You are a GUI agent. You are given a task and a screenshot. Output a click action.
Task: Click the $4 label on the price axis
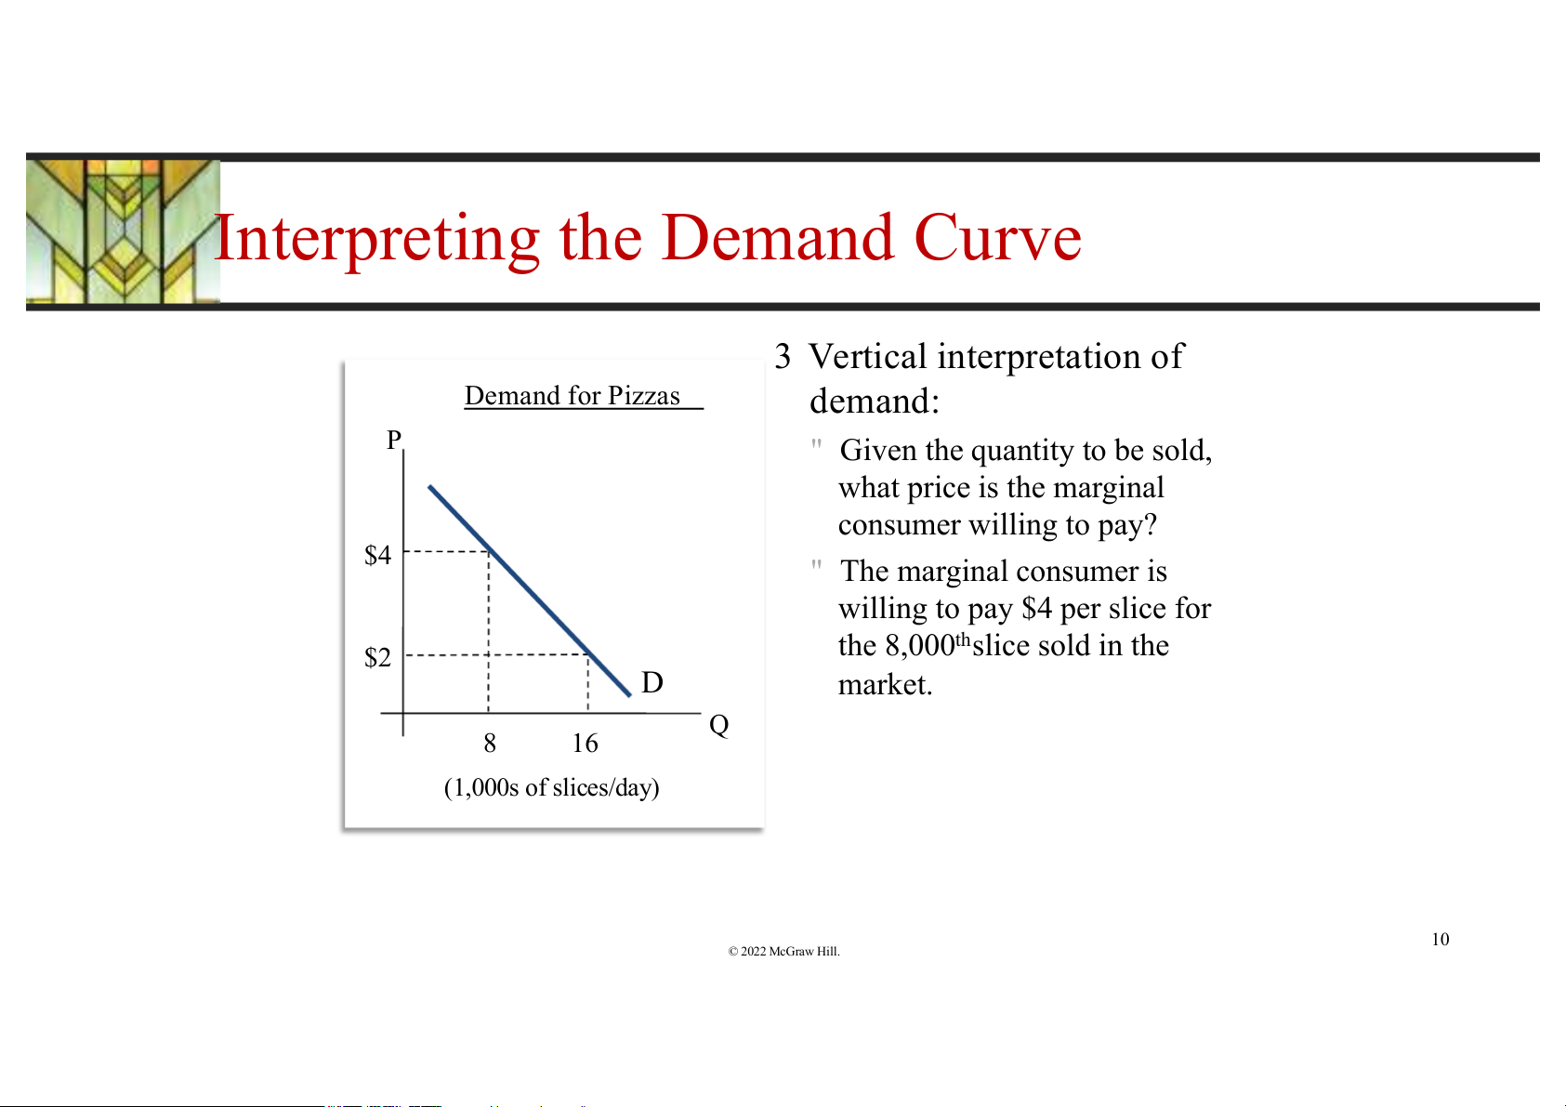point(377,555)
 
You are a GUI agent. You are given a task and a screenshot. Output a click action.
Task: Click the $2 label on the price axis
point(377,657)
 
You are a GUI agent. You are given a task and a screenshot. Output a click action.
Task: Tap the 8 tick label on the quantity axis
point(490,743)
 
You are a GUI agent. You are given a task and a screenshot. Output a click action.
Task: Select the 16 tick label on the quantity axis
point(586,743)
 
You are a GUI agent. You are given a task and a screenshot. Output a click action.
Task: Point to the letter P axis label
point(394,440)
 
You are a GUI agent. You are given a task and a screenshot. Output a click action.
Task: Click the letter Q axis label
point(718,725)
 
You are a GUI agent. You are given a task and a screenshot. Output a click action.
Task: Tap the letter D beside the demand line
point(651,682)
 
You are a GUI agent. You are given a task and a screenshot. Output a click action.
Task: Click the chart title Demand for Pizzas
point(572,396)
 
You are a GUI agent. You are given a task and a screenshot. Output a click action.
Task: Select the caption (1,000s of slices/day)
point(552,787)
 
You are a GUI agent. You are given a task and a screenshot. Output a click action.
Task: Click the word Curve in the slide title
point(997,238)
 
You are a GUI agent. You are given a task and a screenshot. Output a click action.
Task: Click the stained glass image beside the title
point(123,231)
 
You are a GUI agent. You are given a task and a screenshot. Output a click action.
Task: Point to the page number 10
point(1441,939)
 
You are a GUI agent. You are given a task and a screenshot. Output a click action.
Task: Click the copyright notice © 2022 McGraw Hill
point(783,951)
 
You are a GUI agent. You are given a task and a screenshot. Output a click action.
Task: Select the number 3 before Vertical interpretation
point(783,357)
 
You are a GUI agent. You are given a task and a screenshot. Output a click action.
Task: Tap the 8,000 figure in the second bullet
point(920,645)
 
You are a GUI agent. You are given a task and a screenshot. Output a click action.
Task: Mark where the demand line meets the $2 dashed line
point(589,654)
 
